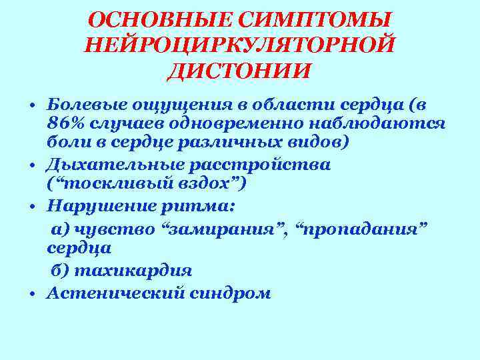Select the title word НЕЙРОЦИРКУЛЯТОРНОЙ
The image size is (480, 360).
(240, 45)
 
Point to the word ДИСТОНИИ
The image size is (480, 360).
(239, 70)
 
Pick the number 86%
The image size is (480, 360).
(65, 125)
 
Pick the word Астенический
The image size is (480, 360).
(111, 293)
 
